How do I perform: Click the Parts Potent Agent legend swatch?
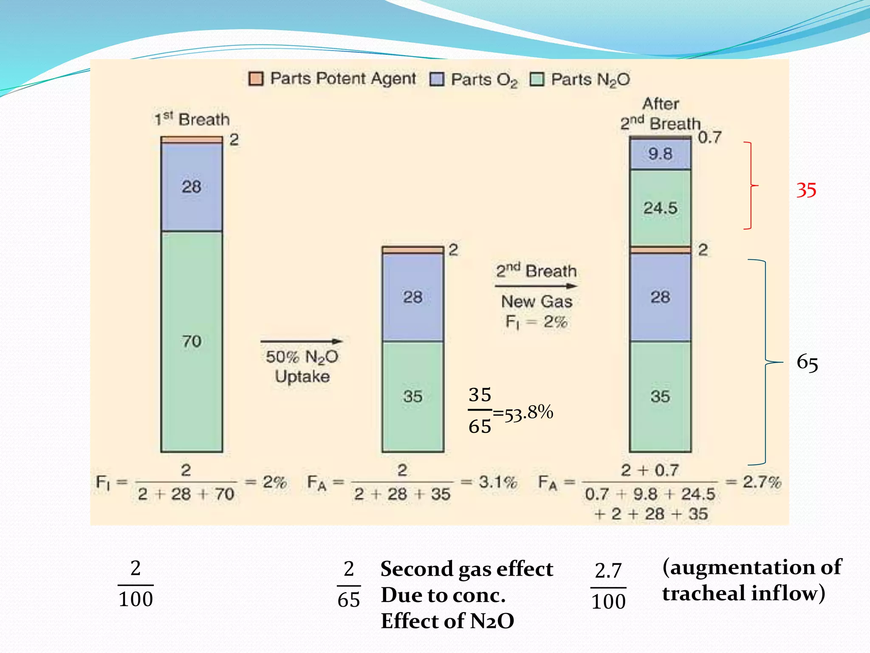coord(256,79)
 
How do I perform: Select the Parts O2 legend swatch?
coord(437,79)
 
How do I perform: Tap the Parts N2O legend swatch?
coord(537,79)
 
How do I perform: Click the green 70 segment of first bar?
coord(192,341)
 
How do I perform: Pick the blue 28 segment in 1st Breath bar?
coord(192,187)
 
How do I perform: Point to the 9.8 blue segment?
coord(660,154)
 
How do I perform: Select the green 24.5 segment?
coord(660,208)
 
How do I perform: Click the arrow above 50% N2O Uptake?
coord(302,341)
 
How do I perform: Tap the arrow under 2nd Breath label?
coord(536,286)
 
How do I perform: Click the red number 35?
coord(806,190)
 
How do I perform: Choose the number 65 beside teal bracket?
coord(807,363)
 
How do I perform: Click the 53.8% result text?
coord(528,413)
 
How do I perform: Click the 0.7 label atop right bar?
coord(709,137)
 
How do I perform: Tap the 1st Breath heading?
coord(192,119)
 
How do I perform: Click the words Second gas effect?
coord(466,569)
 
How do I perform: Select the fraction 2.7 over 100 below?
coord(608,586)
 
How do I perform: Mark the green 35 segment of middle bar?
coord(412,396)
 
